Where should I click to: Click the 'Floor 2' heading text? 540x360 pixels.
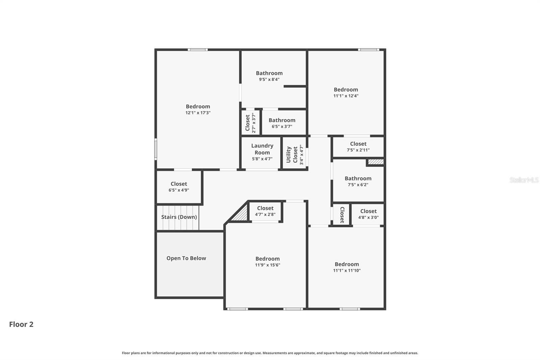tap(21, 324)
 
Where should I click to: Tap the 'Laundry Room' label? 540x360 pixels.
tap(262, 149)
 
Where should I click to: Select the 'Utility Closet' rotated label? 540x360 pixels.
tap(292, 154)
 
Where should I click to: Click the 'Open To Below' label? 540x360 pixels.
tap(186, 258)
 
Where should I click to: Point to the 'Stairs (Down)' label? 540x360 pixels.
tap(179, 217)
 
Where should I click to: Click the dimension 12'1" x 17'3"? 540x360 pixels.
tap(198, 113)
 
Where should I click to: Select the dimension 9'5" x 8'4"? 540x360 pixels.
tap(269, 79)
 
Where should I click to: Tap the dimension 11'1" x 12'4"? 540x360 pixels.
tap(346, 96)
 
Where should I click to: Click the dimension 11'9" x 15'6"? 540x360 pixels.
tap(267, 265)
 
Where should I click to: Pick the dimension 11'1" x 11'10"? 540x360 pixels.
tap(347, 270)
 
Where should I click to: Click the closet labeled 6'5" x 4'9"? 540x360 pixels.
tap(179, 186)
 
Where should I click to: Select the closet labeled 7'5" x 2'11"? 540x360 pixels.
tap(358, 147)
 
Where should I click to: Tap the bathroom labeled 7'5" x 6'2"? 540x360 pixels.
tap(358, 181)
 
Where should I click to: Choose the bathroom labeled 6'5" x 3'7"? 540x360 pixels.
tap(282, 123)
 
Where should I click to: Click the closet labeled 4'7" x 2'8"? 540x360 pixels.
tap(265, 211)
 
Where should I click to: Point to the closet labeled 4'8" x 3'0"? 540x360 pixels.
tap(368, 214)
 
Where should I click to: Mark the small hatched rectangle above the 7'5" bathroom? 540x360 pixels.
tap(376, 162)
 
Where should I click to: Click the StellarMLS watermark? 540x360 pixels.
tap(524, 180)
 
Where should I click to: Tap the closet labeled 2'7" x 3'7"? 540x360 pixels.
tap(250, 123)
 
